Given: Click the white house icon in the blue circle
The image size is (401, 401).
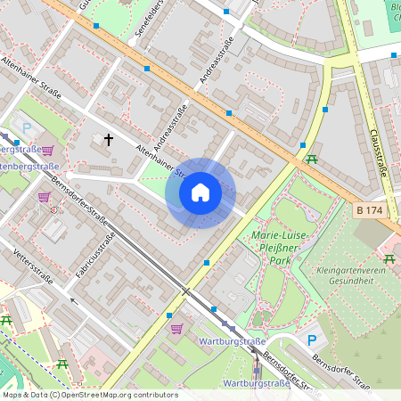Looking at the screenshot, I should coord(200,192).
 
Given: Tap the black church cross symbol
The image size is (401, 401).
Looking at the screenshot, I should coord(109,140).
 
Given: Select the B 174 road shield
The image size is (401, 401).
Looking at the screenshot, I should coord(369,210).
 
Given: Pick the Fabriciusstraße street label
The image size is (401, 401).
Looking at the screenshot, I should coord(96,254).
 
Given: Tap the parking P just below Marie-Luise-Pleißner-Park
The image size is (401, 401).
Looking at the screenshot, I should coord(312,340).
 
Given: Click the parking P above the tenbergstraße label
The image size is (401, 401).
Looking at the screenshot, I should coord(26,128).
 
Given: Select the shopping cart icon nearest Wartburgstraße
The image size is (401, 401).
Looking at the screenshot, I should coord(176,329).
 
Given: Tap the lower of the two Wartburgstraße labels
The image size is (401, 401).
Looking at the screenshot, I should coord(256,383).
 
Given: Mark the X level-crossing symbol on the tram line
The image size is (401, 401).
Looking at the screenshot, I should coord(185,291).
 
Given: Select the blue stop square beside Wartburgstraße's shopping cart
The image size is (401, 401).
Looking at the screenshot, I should coord(168,315).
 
